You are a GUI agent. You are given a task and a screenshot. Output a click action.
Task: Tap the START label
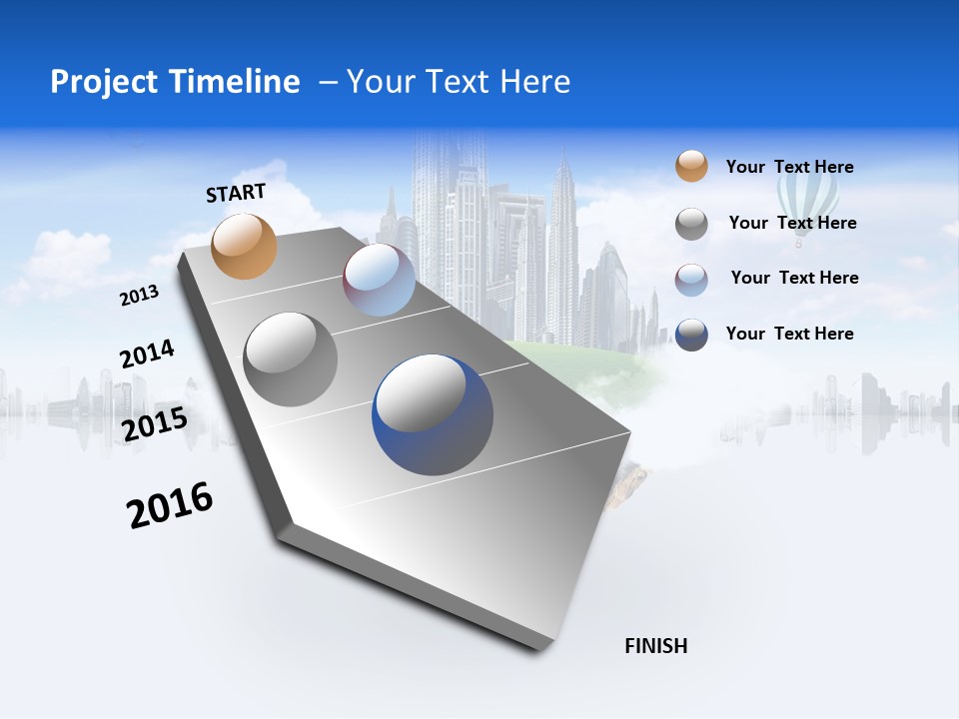[236, 193]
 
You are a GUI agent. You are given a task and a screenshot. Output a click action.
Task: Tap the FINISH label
[656, 646]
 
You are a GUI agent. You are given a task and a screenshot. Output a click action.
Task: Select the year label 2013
[140, 296]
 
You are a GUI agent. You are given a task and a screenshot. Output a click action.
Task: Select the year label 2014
[147, 355]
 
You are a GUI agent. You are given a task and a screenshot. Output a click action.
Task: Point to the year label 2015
[155, 423]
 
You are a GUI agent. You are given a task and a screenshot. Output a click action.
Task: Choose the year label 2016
[170, 505]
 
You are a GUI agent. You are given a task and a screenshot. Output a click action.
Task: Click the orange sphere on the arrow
[244, 246]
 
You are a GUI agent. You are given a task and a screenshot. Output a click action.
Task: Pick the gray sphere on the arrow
[290, 359]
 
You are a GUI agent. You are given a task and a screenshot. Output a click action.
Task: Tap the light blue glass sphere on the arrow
[379, 281]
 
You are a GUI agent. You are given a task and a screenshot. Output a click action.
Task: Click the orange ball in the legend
[691, 167]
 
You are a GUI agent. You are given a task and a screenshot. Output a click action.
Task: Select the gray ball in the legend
[691, 224]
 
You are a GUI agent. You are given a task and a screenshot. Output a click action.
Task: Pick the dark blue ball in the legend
[691, 335]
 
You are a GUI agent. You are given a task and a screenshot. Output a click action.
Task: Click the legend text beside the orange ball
[789, 167]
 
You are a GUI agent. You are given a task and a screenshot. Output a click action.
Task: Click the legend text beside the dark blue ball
[789, 334]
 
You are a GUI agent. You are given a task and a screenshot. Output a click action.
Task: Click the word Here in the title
[534, 82]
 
